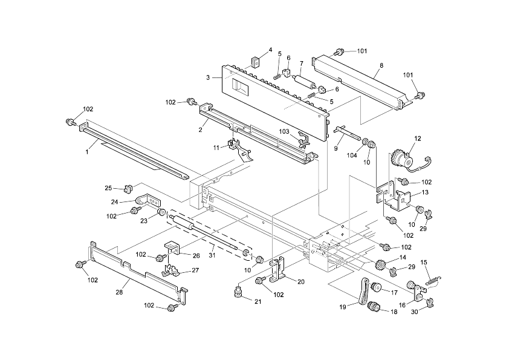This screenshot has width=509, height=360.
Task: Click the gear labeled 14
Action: pyautogui.click(x=381, y=265)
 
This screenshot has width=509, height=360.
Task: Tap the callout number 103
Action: pyautogui.click(x=284, y=131)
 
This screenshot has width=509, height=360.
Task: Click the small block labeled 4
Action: pyautogui.click(x=255, y=61)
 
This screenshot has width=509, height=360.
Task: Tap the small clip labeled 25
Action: pyautogui.click(x=128, y=186)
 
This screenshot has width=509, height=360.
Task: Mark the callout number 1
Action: pyautogui.click(x=86, y=152)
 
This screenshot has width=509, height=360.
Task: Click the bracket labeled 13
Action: pyautogui.click(x=401, y=198)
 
